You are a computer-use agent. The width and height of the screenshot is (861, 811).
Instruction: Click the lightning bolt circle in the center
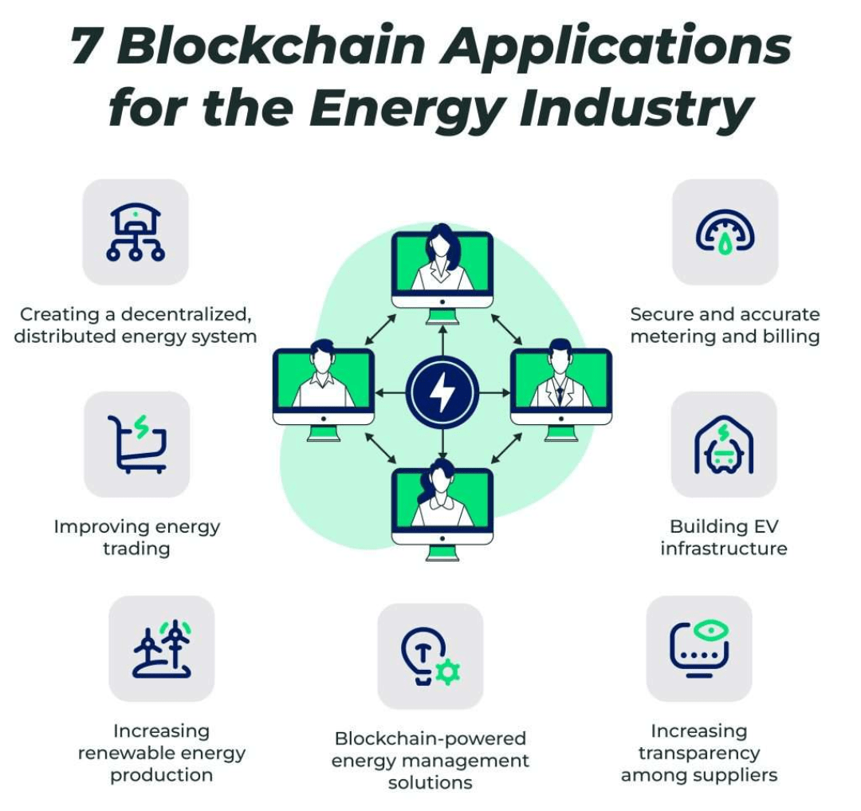coord(442,392)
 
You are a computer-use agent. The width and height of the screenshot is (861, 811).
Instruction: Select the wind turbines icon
coord(162,648)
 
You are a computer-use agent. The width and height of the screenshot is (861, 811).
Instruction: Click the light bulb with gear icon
coord(431,656)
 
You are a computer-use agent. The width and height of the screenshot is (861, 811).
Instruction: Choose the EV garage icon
coord(724,444)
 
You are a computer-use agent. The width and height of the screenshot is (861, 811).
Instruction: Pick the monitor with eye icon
coord(699,648)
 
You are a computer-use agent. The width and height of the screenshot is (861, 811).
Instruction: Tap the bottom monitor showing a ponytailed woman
coord(442,510)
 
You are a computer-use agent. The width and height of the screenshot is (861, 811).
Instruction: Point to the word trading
coord(137,549)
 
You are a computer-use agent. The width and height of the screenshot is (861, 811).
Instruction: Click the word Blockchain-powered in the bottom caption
coord(431,738)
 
